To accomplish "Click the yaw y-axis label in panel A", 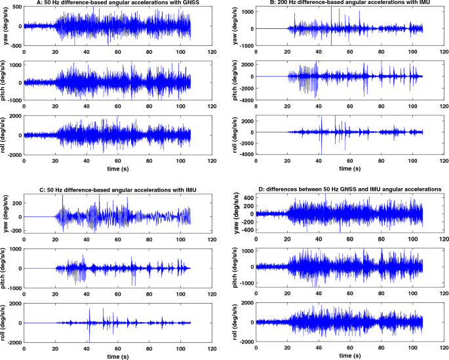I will (x=6, y=27).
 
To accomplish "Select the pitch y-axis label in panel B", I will (x=235, y=77).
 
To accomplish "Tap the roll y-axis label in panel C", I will (x=6, y=323).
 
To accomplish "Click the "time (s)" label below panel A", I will (x=115, y=168).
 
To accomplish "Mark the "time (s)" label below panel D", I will (x=347, y=355).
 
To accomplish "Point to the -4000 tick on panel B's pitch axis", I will (x=247, y=100).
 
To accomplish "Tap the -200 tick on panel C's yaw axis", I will (x=14, y=230).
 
